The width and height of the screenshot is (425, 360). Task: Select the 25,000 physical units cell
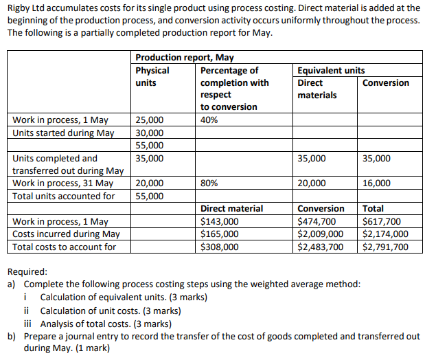point(150,120)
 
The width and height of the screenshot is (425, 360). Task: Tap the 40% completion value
point(209,120)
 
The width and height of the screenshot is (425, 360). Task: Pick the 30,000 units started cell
point(150,133)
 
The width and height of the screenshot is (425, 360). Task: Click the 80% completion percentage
point(209,183)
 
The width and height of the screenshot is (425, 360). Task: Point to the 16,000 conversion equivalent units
point(377,183)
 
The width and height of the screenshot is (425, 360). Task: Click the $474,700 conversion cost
point(317,221)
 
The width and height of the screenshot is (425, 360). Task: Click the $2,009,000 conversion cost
point(320,234)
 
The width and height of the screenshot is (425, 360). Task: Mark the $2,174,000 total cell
point(384,234)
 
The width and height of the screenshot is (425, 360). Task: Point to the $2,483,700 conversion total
point(320,247)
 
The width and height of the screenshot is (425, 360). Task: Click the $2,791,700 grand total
point(384,247)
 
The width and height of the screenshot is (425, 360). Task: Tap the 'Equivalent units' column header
point(331,70)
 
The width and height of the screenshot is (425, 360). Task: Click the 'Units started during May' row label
point(63,133)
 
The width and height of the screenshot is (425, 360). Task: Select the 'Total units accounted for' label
point(64,196)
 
